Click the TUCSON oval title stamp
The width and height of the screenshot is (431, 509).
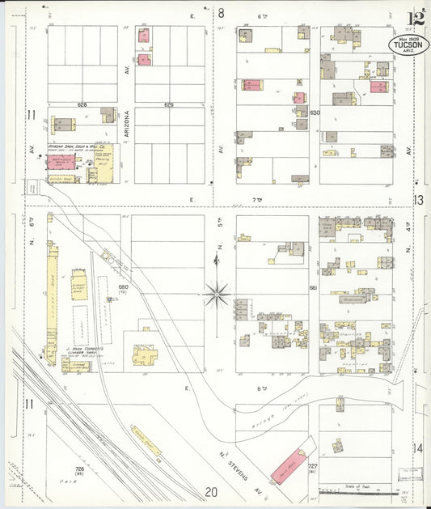(408, 46)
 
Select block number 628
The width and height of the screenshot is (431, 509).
(82, 105)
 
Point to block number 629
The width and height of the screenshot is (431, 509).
(169, 105)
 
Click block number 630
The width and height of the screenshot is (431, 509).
(315, 112)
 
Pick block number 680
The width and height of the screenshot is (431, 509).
(124, 287)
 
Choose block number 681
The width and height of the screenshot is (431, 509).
(314, 287)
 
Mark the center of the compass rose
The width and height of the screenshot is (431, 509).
(218, 293)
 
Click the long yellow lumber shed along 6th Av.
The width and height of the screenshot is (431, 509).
(53, 291)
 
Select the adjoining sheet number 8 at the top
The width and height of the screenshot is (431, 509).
(220, 12)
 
